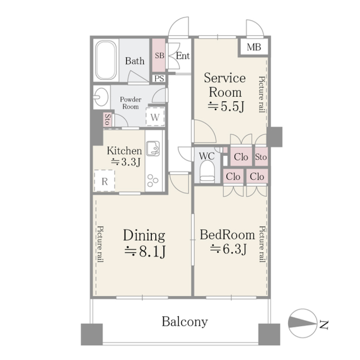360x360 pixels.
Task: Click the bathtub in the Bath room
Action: (x=106, y=60)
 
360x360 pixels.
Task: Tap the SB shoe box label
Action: (x=159, y=55)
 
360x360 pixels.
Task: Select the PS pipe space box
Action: (x=159, y=78)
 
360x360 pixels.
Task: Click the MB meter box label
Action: (x=254, y=47)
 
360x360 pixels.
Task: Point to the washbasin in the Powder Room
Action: (x=101, y=97)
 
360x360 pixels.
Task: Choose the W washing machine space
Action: (x=155, y=117)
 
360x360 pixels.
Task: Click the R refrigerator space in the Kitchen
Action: (x=105, y=181)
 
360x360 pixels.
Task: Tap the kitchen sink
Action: (x=153, y=148)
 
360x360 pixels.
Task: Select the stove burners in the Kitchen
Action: (x=153, y=180)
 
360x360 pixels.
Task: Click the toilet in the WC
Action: (x=207, y=171)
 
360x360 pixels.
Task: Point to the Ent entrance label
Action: (x=183, y=56)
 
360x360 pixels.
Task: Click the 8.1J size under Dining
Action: (x=145, y=252)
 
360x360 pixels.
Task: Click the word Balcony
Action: (x=185, y=322)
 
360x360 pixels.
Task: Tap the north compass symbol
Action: (x=302, y=323)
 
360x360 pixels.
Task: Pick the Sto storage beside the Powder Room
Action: (x=107, y=119)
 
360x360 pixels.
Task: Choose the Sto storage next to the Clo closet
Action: (x=261, y=157)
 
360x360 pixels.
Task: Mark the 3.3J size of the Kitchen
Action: (x=126, y=162)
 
